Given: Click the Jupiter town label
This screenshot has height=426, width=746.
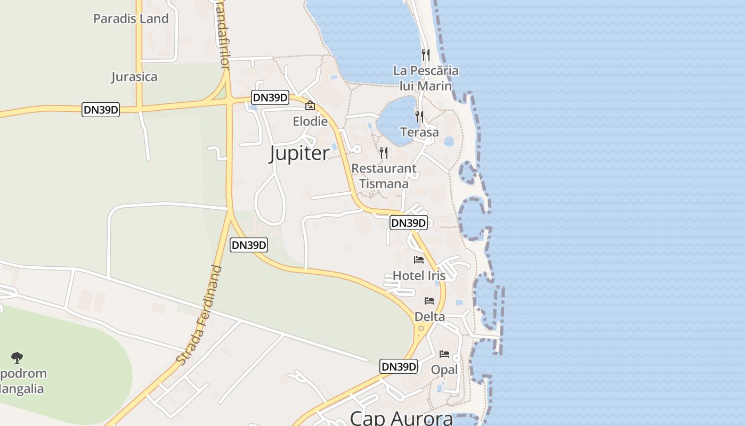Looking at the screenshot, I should click(299, 153).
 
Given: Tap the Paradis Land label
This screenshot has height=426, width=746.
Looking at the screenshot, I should click(131, 19).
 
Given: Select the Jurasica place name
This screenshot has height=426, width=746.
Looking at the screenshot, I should click(134, 77).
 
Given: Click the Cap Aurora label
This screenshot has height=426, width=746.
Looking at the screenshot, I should click(401, 417).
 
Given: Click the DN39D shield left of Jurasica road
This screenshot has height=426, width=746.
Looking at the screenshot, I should click(101, 110).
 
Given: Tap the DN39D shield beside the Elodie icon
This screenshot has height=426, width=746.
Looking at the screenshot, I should click(270, 97).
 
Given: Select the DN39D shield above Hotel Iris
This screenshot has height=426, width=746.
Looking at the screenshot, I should click(409, 223).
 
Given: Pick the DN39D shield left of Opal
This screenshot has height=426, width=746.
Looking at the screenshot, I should click(399, 367).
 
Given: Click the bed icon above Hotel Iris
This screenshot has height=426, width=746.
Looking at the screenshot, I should click(419, 260).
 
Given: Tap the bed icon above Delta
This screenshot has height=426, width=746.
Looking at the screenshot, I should click(429, 301).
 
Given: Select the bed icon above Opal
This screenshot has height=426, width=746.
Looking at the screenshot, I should click(444, 354).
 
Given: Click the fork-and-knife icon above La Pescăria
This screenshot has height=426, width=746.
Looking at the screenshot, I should click(425, 54).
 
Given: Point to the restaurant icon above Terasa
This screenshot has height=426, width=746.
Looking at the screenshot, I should click(419, 116).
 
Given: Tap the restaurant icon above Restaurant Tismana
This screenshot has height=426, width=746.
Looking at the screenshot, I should click(383, 153).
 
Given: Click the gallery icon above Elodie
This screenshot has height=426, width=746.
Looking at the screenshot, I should click(310, 106).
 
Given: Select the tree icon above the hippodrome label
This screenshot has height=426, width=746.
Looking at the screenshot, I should click(17, 357).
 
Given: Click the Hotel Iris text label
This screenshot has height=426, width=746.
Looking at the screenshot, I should click(419, 275).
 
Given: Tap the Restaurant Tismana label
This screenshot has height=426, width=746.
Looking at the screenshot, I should click(384, 176).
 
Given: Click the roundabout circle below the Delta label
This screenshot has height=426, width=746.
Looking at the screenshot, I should click(421, 328).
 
